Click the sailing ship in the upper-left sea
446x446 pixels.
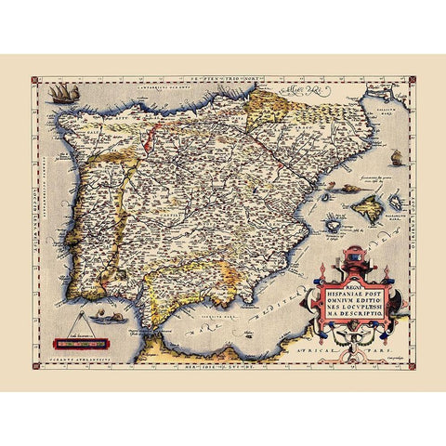coord(61,93)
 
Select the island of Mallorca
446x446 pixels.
coord(366,210)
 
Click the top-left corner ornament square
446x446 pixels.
coord(34,83)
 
